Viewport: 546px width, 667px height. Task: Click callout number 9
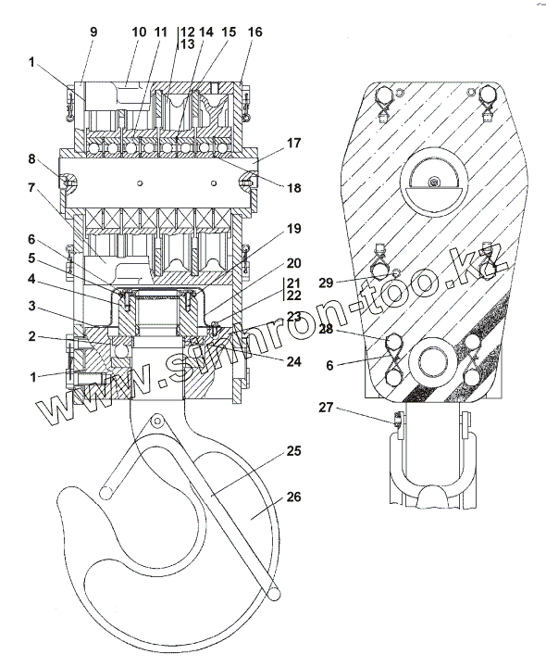(93, 31)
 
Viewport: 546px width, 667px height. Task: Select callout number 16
(254, 31)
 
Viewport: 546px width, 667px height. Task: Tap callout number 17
(293, 143)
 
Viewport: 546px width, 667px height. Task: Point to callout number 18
(294, 187)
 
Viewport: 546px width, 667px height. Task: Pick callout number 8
(31, 159)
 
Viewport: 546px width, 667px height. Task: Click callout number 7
(31, 187)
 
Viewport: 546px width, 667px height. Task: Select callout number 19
(293, 229)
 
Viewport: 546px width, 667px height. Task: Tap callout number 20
(293, 263)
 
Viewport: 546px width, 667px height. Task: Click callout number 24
(293, 361)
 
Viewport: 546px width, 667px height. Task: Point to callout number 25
(293, 451)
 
